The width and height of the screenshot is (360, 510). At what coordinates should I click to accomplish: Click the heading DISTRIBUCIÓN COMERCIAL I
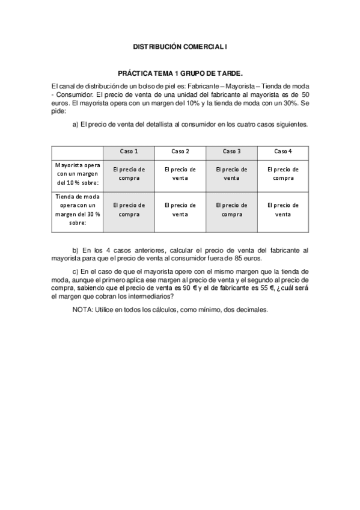tap(180, 46)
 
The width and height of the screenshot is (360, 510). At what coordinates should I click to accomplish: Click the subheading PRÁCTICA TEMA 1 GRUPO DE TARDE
tap(180, 73)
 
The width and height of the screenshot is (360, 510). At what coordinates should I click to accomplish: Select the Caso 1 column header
tap(129, 151)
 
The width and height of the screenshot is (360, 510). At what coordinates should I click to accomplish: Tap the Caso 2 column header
tap(180, 151)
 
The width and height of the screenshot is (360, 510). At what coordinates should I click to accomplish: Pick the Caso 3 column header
tap(231, 151)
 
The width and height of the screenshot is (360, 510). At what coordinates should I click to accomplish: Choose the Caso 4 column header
tap(283, 151)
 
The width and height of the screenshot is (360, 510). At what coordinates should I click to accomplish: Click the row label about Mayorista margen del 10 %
tap(78, 173)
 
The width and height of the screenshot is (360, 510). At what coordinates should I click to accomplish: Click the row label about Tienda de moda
tap(78, 209)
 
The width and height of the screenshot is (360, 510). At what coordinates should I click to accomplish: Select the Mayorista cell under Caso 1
tap(129, 173)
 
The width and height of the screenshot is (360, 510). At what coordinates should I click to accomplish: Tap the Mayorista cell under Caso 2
tap(180, 173)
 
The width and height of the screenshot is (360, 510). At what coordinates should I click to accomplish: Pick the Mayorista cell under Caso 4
tap(283, 173)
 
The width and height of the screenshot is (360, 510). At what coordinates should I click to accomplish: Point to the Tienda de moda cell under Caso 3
tap(231, 209)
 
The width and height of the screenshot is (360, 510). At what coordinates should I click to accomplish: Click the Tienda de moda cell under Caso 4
tap(283, 209)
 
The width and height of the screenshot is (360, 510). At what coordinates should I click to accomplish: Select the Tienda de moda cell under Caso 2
tap(180, 209)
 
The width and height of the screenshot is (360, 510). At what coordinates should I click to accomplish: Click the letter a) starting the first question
tap(76, 124)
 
